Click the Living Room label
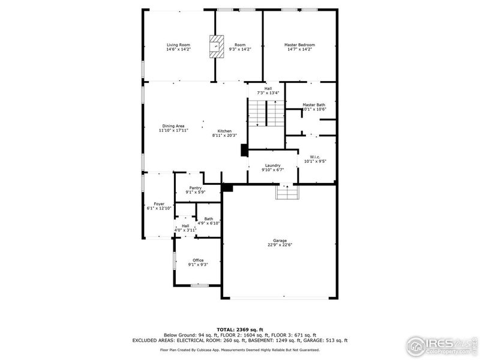pyautogui.click(x=178, y=45)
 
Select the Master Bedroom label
pyautogui.click(x=299, y=45)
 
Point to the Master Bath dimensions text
pyautogui.click(x=314, y=109)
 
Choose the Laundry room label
pyautogui.click(x=272, y=166)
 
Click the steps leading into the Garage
pyautogui.click(x=286, y=192)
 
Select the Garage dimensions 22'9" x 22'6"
pyautogui.click(x=280, y=245)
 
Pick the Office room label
pyautogui.click(x=198, y=260)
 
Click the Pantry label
pyautogui.click(x=196, y=188)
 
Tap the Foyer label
pyautogui.click(x=159, y=204)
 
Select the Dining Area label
pyautogui.click(x=173, y=126)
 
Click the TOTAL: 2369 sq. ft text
pyautogui.click(x=240, y=329)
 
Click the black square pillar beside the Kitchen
pyautogui.click(x=244, y=150)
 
